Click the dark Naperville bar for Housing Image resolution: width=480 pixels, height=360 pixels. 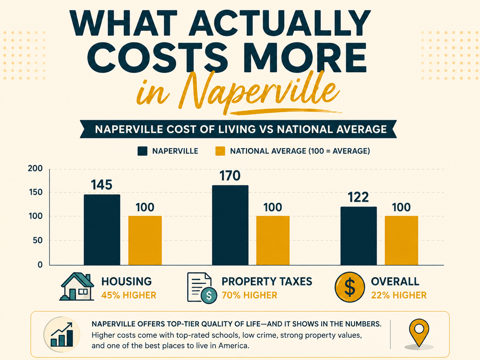(102, 230)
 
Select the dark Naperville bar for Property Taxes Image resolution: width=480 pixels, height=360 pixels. (230, 225)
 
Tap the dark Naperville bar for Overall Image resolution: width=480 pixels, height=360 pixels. (359, 236)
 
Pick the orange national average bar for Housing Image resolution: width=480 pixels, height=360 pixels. (145, 240)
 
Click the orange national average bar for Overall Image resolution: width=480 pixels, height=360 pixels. (401, 240)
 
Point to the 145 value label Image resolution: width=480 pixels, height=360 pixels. (102, 185)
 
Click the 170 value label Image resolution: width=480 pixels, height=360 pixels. (230, 176)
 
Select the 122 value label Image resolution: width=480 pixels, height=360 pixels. (358, 197)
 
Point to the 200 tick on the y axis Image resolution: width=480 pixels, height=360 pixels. (35, 168)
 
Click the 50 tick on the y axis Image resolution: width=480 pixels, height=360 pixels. (37, 240)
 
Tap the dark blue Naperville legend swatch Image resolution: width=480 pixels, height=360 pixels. (142, 151)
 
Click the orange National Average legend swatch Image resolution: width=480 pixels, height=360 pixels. (220, 151)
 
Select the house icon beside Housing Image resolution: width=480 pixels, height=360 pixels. (77, 286)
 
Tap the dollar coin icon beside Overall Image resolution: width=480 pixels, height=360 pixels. (350, 287)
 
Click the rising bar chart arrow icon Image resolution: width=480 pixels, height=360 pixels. (62, 335)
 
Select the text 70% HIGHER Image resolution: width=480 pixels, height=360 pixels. (250, 295)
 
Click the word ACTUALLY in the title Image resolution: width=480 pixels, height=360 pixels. (280, 23)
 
